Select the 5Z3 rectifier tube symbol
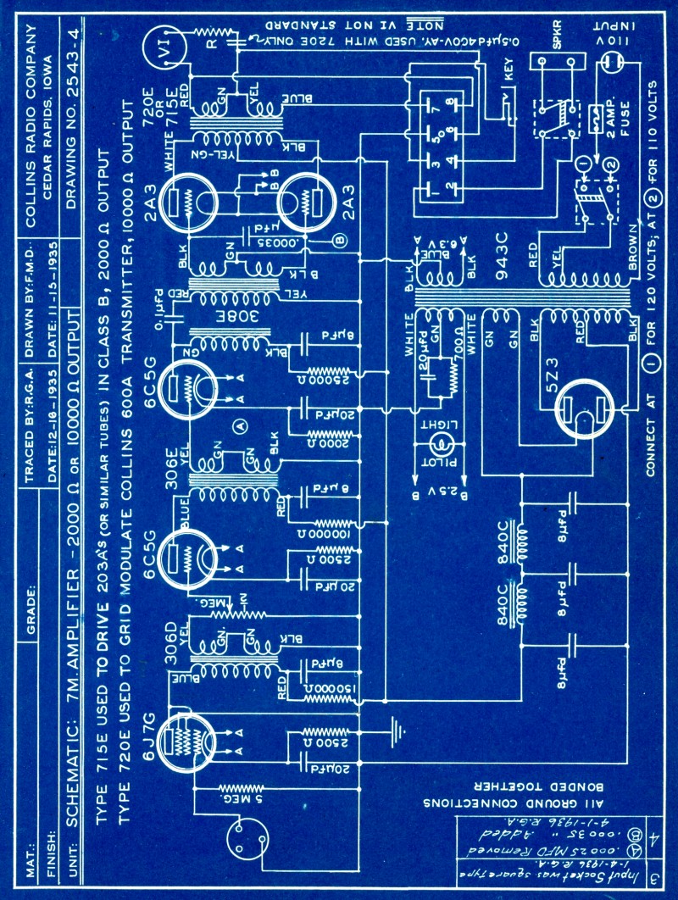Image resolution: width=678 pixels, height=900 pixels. (x=590, y=410)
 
